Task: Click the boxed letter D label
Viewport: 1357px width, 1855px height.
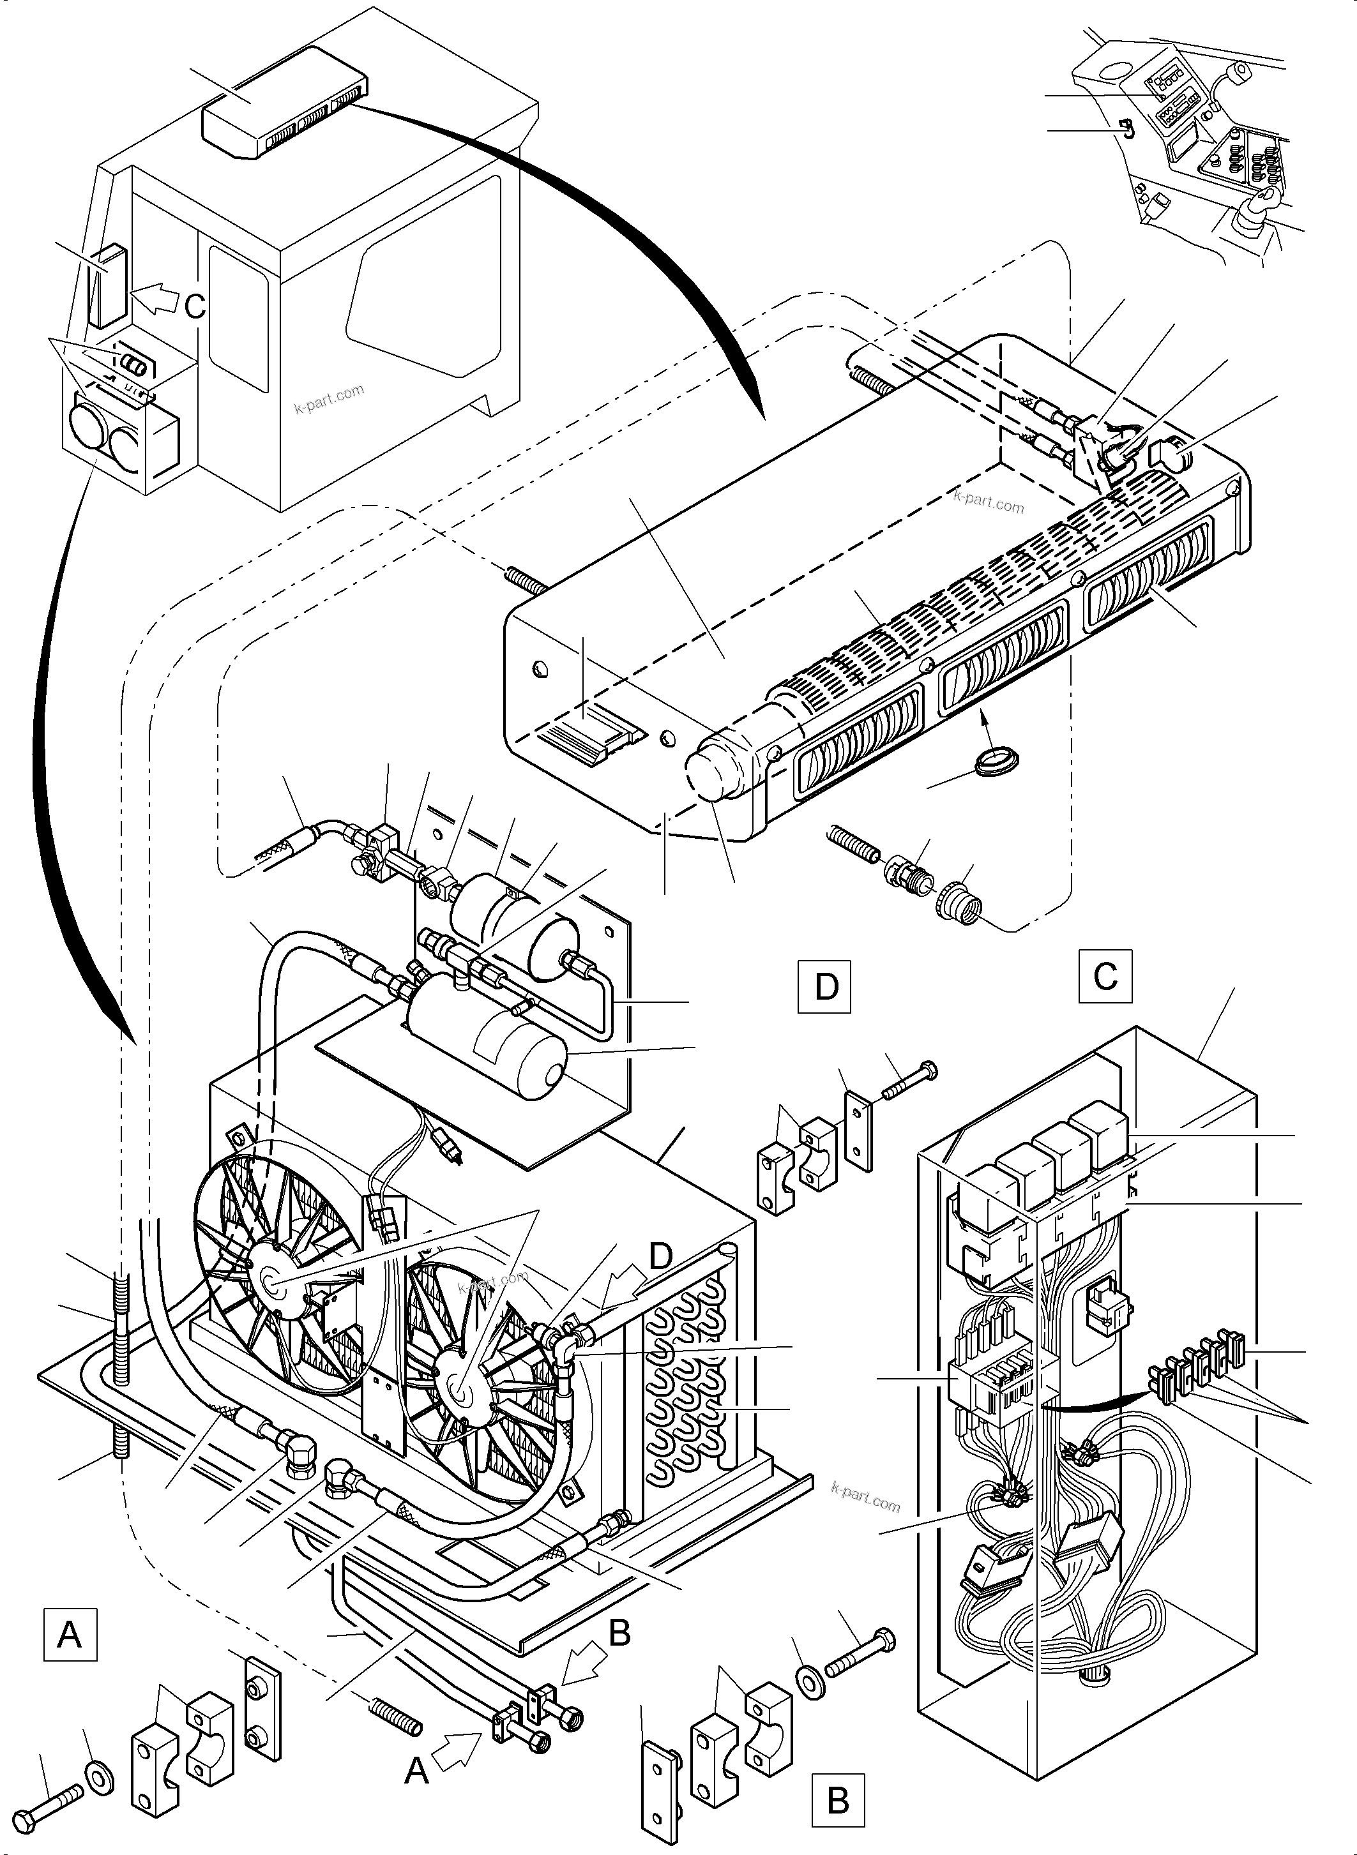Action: (826, 986)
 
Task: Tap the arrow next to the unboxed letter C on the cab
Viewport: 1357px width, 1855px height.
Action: (155, 298)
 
